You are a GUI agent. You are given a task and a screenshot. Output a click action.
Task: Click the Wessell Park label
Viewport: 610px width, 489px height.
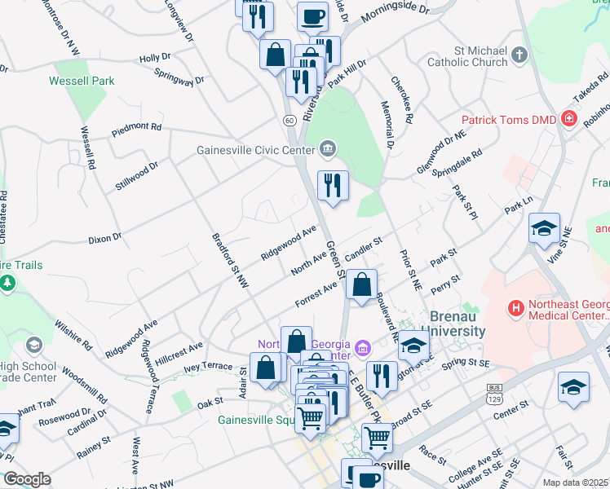pos(82,81)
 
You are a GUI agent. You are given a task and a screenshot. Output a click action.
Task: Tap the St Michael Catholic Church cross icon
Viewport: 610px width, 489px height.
pos(519,56)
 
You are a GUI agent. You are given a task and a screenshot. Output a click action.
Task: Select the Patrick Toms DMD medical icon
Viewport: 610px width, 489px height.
pos(569,120)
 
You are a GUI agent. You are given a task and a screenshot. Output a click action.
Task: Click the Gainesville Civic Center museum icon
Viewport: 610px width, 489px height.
pos(328,148)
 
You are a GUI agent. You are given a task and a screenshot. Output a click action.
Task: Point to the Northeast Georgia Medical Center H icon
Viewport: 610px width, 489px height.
pos(515,309)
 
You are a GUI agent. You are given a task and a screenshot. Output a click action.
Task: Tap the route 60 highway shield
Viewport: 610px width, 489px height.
pos(290,120)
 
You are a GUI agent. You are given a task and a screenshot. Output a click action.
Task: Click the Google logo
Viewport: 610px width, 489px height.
pos(27,479)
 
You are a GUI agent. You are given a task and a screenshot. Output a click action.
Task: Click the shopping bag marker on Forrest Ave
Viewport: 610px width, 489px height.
pos(360,285)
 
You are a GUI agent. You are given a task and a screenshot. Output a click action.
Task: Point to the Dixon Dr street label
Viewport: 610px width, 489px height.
pos(104,239)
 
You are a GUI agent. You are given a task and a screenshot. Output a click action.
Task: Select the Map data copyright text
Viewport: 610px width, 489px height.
pos(576,482)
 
